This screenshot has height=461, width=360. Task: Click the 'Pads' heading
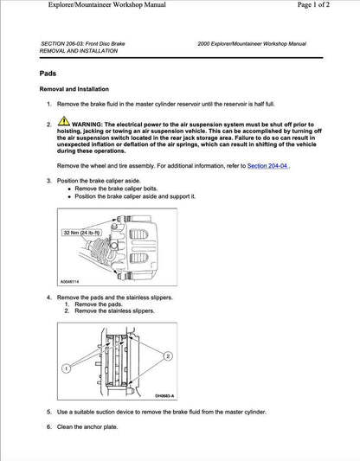[49, 75]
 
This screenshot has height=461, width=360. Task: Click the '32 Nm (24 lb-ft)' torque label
[81, 233]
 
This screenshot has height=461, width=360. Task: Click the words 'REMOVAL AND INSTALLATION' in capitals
[82, 51]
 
